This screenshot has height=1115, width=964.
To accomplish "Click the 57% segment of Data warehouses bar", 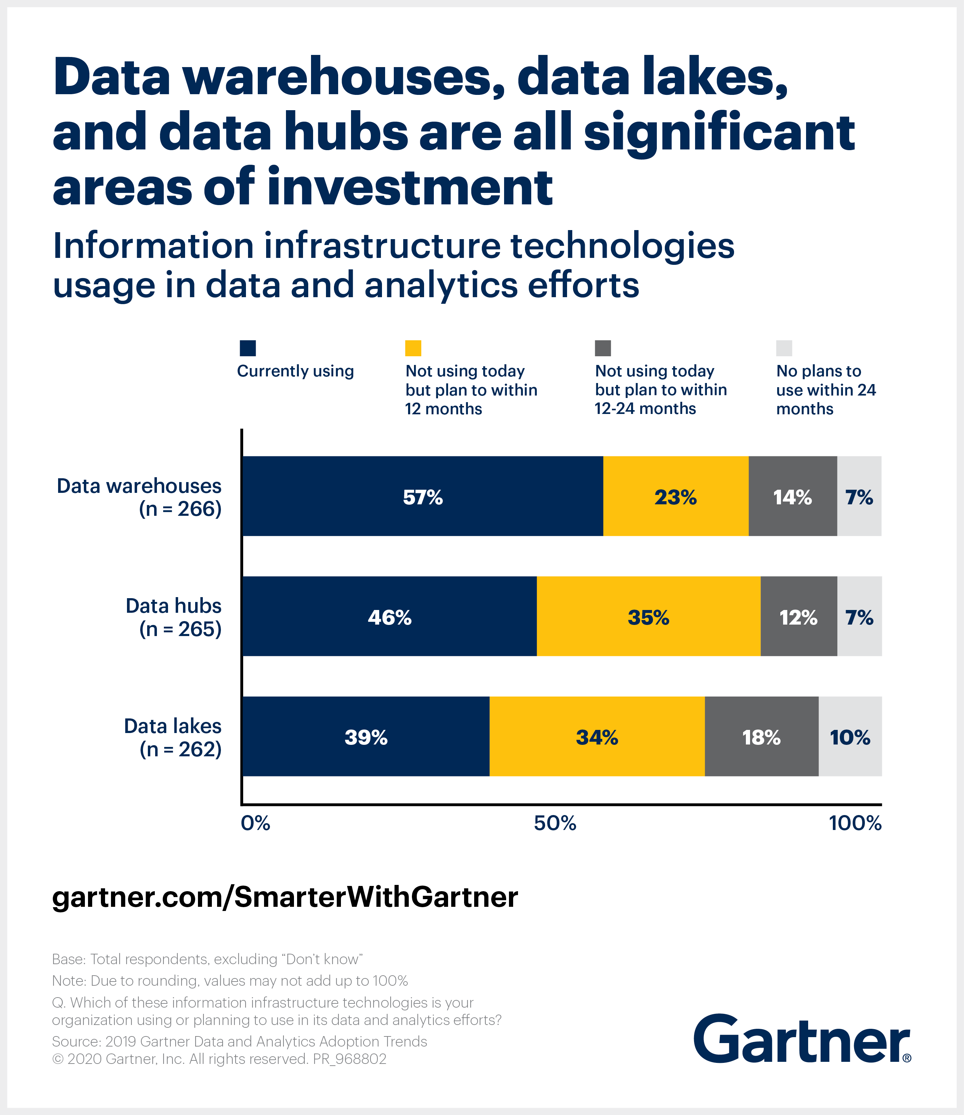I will [x=422, y=496].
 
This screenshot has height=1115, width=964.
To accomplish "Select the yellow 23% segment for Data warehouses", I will [x=675, y=496].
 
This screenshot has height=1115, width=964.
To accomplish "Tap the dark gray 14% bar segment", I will [x=792, y=496].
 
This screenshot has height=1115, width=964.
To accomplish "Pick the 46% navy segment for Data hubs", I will [x=389, y=616].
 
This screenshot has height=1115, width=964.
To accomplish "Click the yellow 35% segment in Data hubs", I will [x=648, y=616].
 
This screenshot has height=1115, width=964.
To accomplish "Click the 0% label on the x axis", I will [x=255, y=823].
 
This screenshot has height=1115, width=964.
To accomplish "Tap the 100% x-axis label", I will [x=855, y=823].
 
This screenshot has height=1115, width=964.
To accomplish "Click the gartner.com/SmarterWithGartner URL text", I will [x=285, y=896].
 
